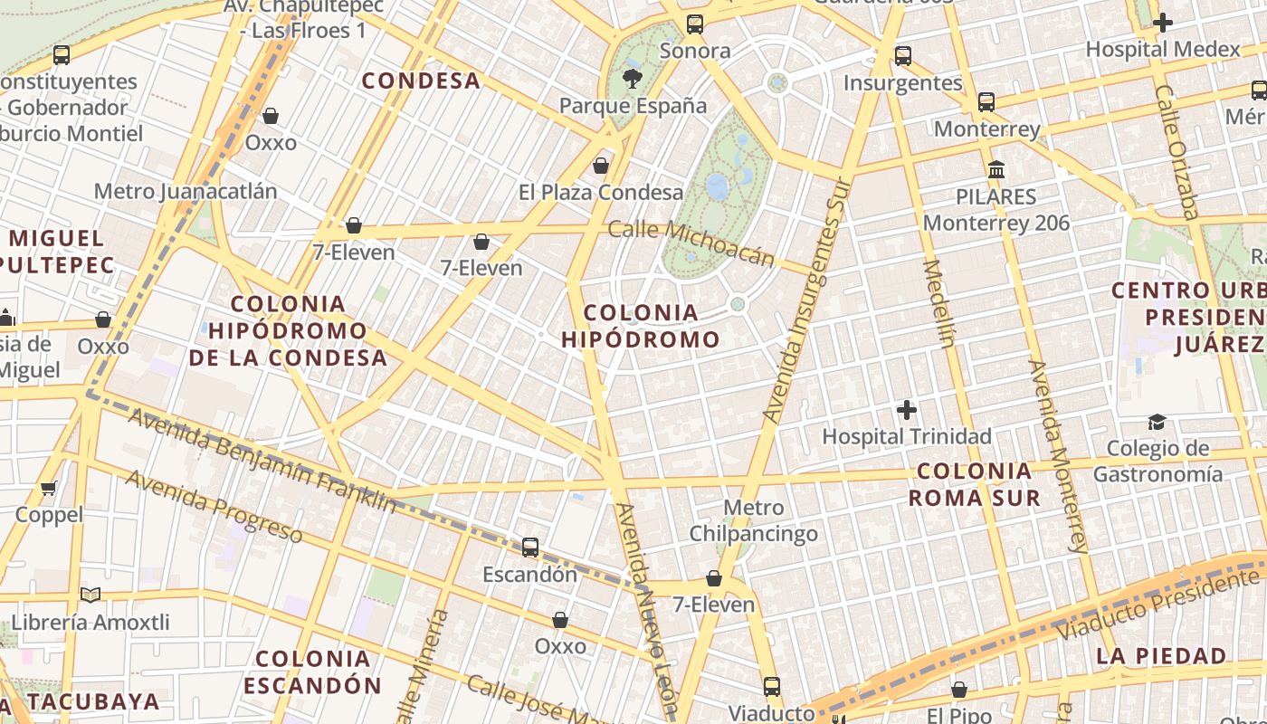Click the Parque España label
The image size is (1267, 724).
[633, 106]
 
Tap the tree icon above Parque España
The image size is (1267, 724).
[633, 79]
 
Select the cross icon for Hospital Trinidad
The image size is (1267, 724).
[906, 410]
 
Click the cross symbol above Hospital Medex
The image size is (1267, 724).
[1163, 23]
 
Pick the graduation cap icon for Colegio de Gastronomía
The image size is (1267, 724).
[1157, 422]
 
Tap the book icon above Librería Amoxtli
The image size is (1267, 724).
[90, 595]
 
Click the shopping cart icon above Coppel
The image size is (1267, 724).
[49, 489]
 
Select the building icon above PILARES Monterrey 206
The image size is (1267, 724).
[996, 170]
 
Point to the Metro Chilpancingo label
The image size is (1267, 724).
[753, 520]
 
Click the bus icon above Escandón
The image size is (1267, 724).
[530, 548]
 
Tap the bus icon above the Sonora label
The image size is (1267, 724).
[694, 24]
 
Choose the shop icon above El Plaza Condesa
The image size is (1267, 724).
[600, 166]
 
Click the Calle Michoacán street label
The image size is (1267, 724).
[691, 243]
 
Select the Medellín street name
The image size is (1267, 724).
[938, 303]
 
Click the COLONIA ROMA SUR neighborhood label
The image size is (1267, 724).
[974, 484]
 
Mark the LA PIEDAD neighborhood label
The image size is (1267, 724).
[1161, 656]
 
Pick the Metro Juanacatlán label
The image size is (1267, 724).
[186, 192]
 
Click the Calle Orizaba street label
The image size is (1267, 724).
[1176, 152]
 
